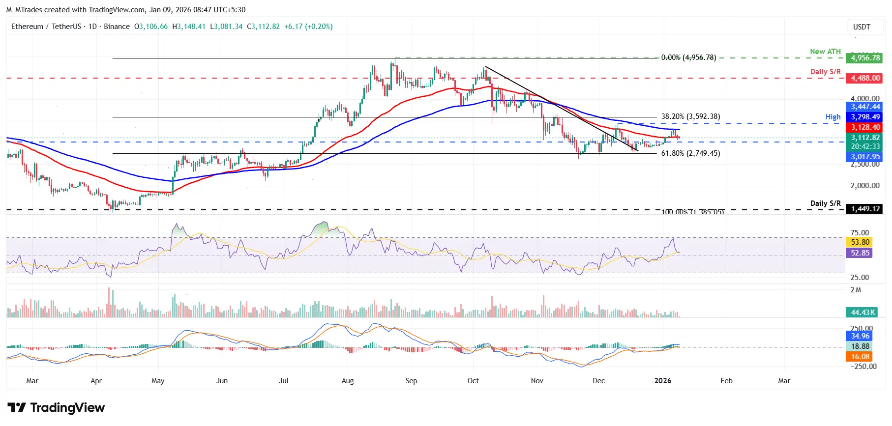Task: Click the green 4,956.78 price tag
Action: (865, 58)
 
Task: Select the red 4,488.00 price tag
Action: (865, 78)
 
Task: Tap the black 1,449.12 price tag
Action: (865, 209)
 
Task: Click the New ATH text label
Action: (825, 52)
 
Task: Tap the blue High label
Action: (833, 117)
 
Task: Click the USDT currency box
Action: (862, 27)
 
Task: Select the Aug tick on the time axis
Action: (348, 381)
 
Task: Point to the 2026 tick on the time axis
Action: (663, 381)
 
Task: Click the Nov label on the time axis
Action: (537, 381)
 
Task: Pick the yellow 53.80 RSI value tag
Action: (860, 242)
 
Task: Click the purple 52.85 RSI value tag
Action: (860, 253)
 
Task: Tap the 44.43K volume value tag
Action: (862, 312)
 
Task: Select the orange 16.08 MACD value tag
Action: (860, 357)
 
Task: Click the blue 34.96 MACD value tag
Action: (860, 336)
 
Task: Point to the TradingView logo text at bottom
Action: (57, 408)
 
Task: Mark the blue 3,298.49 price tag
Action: (865, 117)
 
